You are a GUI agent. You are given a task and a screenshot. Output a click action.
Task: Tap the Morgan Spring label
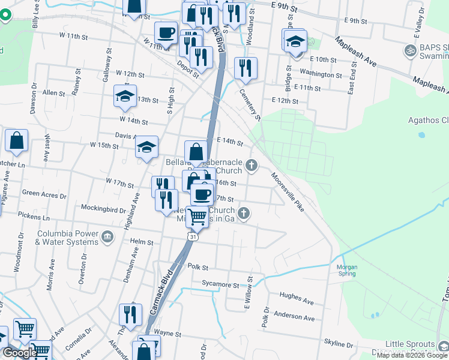[x=347, y=270]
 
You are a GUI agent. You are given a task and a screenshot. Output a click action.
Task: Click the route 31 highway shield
[x=191, y=238]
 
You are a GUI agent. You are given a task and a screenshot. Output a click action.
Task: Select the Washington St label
[x=321, y=74]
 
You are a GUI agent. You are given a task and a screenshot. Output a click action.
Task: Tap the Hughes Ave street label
[x=297, y=298]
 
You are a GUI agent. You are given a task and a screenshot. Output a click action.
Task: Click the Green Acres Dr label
[x=44, y=194]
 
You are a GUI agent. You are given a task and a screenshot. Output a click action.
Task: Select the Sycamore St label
[x=220, y=284]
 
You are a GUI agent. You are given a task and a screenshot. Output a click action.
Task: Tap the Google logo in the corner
[x=20, y=353]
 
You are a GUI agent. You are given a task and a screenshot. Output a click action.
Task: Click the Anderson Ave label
[x=294, y=316]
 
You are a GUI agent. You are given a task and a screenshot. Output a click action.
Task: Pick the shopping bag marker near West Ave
[x=17, y=141]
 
